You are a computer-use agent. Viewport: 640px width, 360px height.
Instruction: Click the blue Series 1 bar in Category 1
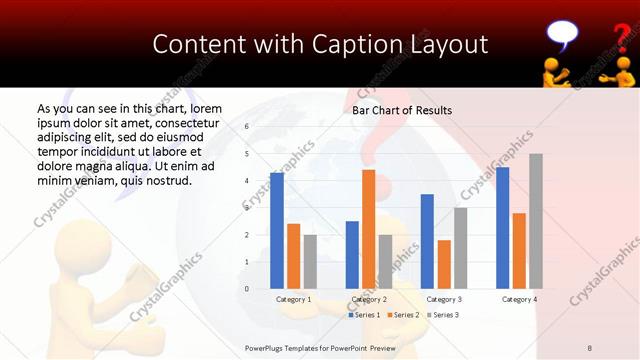pos(277,231)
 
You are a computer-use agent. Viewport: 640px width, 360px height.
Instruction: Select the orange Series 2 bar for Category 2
pos(369,229)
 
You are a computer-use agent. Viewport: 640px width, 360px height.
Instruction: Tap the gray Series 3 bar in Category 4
pos(536,221)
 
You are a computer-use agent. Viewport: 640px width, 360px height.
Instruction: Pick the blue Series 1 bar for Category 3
pos(427,241)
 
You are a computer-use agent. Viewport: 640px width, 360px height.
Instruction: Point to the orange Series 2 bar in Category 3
pos(444,264)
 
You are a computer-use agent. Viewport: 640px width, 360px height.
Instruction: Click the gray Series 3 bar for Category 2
pos(386,262)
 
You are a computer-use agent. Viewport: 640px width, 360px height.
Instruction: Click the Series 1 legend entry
pos(364,315)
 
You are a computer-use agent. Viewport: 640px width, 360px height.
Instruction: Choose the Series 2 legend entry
pos(403,315)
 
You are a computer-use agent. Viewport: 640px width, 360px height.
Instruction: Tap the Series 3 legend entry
pos(443,315)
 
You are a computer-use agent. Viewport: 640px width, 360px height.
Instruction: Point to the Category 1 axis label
pos(294,299)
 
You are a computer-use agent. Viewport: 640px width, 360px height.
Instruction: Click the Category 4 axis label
pos(519,299)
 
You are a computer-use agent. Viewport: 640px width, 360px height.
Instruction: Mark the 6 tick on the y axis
pos(246,127)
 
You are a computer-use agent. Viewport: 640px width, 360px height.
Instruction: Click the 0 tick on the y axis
pos(246,289)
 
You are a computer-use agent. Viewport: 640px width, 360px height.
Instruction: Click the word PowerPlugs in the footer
pos(268,347)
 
